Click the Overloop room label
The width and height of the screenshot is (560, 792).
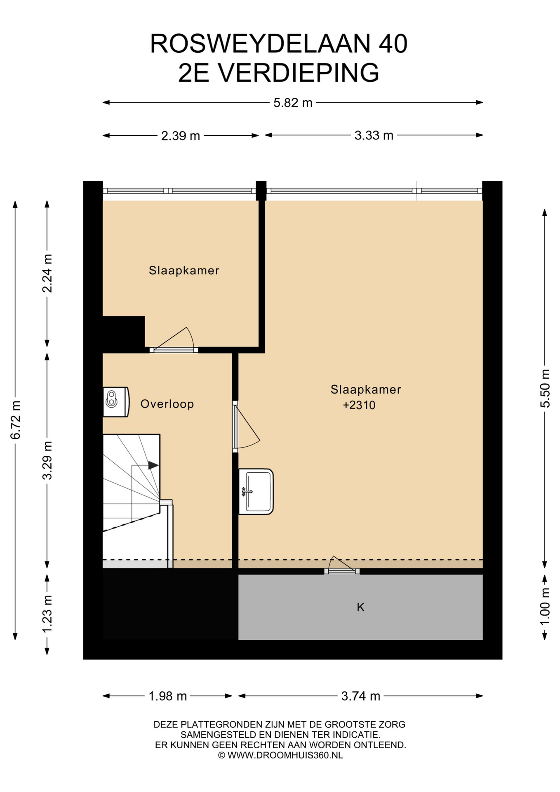[167, 404]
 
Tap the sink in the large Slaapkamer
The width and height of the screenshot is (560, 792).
[256, 491]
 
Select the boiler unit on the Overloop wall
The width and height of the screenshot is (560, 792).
[116, 402]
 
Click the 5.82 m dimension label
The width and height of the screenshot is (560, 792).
[293, 102]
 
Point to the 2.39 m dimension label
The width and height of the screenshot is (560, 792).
[180, 136]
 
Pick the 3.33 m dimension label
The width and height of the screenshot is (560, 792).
[374, 135]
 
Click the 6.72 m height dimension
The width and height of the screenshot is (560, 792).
[16, 420]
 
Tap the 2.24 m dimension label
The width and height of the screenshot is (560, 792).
[47, 273]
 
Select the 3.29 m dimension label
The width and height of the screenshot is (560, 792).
[47, 460]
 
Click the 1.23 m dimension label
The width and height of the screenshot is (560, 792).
[47, 613]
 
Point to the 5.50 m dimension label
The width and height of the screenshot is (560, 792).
[545, 388]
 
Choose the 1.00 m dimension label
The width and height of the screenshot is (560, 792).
[545, 606]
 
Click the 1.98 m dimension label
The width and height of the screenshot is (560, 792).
[167, 696]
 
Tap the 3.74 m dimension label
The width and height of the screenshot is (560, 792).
[360, 696]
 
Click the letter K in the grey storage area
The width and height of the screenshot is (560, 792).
[360, 607]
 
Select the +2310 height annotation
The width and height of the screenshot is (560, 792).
[359, 405]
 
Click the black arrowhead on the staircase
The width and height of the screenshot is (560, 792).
[153, 465]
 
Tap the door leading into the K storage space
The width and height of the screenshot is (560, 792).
[342, 566]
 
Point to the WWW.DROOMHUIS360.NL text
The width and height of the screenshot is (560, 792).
[285, 755]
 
